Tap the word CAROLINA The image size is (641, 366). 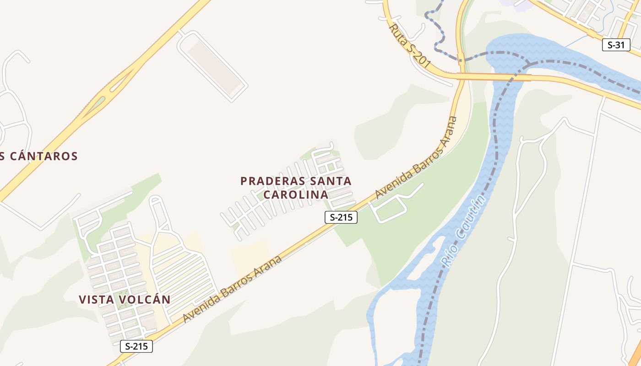point(296,194)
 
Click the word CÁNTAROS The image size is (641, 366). point(43,156)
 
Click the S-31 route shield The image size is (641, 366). point(616,45)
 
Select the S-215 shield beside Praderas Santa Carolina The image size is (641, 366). point(341,217)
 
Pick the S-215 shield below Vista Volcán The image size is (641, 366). point(136,346)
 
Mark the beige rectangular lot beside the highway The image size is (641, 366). point(214,66)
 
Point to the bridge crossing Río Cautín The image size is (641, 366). point(494,77)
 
